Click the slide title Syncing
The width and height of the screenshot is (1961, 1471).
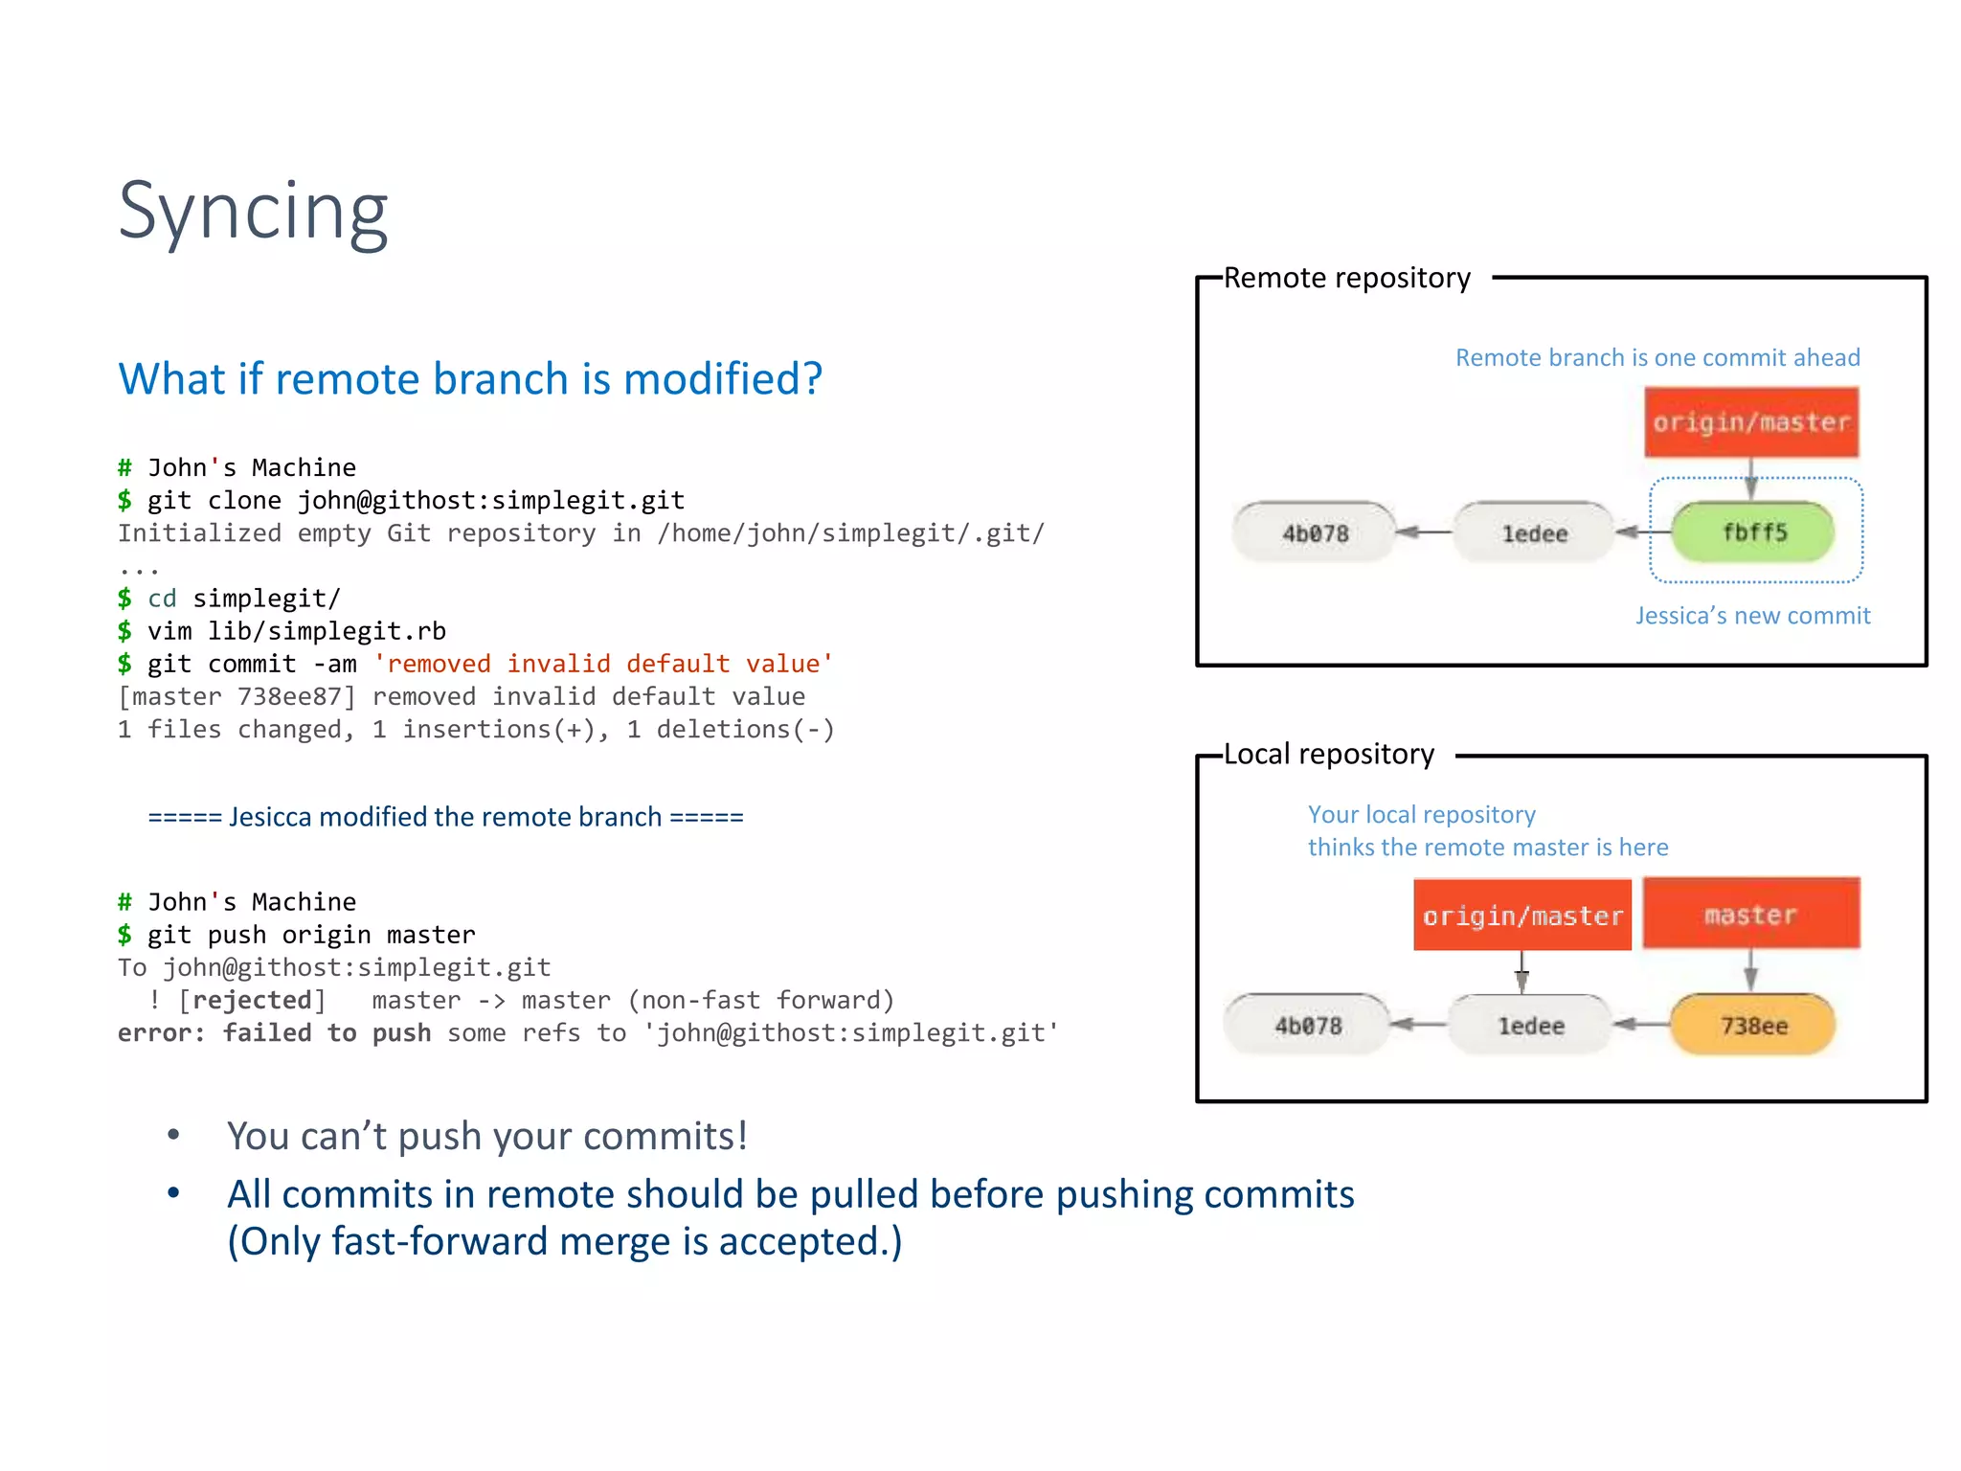click(253, 212)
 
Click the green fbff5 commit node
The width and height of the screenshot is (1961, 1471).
click(1753, 532)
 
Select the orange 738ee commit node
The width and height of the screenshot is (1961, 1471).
click(1752, 1026)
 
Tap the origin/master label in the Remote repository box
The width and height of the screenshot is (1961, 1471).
click(1751, 422)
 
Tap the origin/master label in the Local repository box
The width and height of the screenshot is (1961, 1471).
click(1522, 916)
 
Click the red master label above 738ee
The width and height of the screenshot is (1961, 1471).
click(1751, 914)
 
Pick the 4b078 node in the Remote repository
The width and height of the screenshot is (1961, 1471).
click(1315, 532)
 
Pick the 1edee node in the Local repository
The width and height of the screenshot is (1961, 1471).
click(1530, 1026)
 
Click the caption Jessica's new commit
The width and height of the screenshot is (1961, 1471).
click(1752, 616)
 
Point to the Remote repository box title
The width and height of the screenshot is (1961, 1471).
click(1346, 278)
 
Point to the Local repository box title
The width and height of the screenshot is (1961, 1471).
click(1328, 754)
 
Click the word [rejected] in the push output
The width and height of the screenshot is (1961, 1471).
click(252, 1000)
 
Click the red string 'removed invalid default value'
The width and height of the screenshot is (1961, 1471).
click(603, 664)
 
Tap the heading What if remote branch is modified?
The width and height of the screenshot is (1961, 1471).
click(470, 379)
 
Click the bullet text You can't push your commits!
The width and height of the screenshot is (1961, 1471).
click(486, 1136)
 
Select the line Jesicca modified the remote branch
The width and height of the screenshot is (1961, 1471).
click(445, 817)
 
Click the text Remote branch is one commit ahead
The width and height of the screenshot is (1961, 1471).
click(1657, 357)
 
